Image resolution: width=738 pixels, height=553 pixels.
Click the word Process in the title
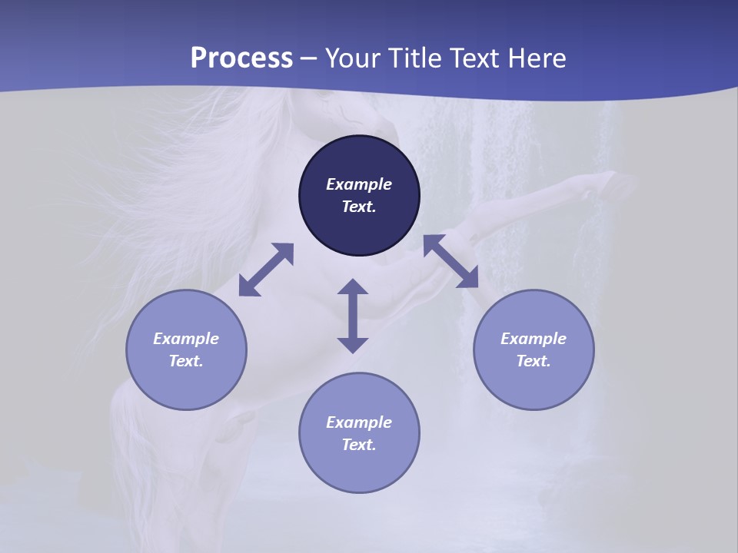(x=241, y=58)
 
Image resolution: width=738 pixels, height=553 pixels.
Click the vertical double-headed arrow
(x=353, y=316)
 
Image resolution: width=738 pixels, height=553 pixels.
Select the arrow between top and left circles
(x=266, y=270)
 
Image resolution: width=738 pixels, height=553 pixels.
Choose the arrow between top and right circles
(x=451, y=261)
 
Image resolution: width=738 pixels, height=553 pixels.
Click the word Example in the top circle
(x=359, y=184)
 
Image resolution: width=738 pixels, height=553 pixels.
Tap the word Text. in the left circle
(x=186, y=361)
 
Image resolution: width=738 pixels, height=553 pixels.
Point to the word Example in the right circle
(x=534, y=339)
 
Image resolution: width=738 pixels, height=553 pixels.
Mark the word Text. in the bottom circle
(x=359, y=445)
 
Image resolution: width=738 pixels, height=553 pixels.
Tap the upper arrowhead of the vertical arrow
(x=353, y=287)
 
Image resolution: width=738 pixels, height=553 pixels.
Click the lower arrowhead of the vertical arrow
(x=353, y=344)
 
